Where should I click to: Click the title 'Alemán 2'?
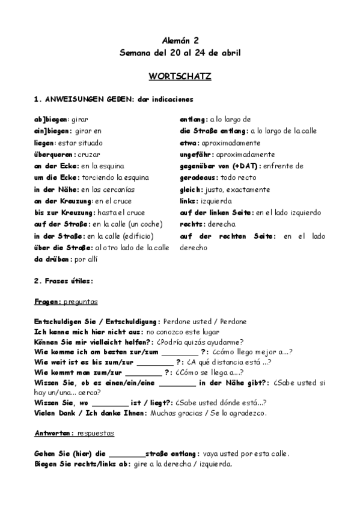click(x=180, y=40)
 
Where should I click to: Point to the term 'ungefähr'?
click(x=198, y=154)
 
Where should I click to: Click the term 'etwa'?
click(x=189, y=143)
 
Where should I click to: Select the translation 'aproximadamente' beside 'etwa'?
click(x=232, y=143)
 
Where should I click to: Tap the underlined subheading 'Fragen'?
click(x=48, y=301)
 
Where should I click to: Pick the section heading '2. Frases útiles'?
click(x=63, y=281)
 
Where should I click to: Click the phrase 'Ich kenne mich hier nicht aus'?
click(x=88, y=331)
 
